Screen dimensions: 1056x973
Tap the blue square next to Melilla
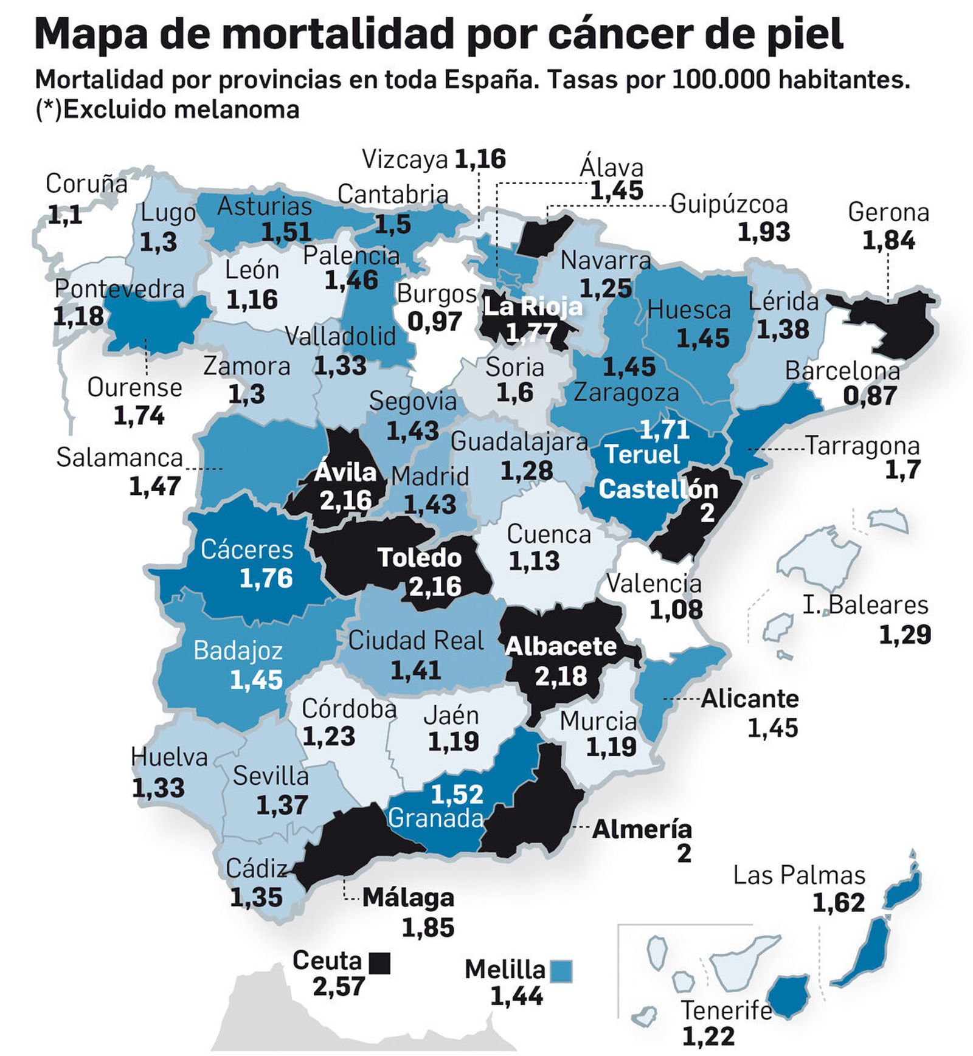coord(561,971)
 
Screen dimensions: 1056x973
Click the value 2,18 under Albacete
coord(561,675)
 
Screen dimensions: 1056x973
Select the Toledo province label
coord(419,557)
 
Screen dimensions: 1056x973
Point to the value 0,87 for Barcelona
coord(870,396)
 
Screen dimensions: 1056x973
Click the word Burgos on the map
coord(436,294)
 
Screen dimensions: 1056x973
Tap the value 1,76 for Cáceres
coord(266,578)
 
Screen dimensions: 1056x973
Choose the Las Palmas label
coord(798,875)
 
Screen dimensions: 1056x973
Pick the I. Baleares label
coord(865,606)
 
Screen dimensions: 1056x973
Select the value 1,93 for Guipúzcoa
coord(763,232)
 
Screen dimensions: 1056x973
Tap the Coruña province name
coord(86,184)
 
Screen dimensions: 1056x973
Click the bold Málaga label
coord(408,898)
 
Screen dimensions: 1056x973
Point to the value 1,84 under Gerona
coord(888,241)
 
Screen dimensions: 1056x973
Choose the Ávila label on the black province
coord(345,472)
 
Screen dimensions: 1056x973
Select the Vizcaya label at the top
coord(404,159)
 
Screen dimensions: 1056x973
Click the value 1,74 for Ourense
coord(139,416)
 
